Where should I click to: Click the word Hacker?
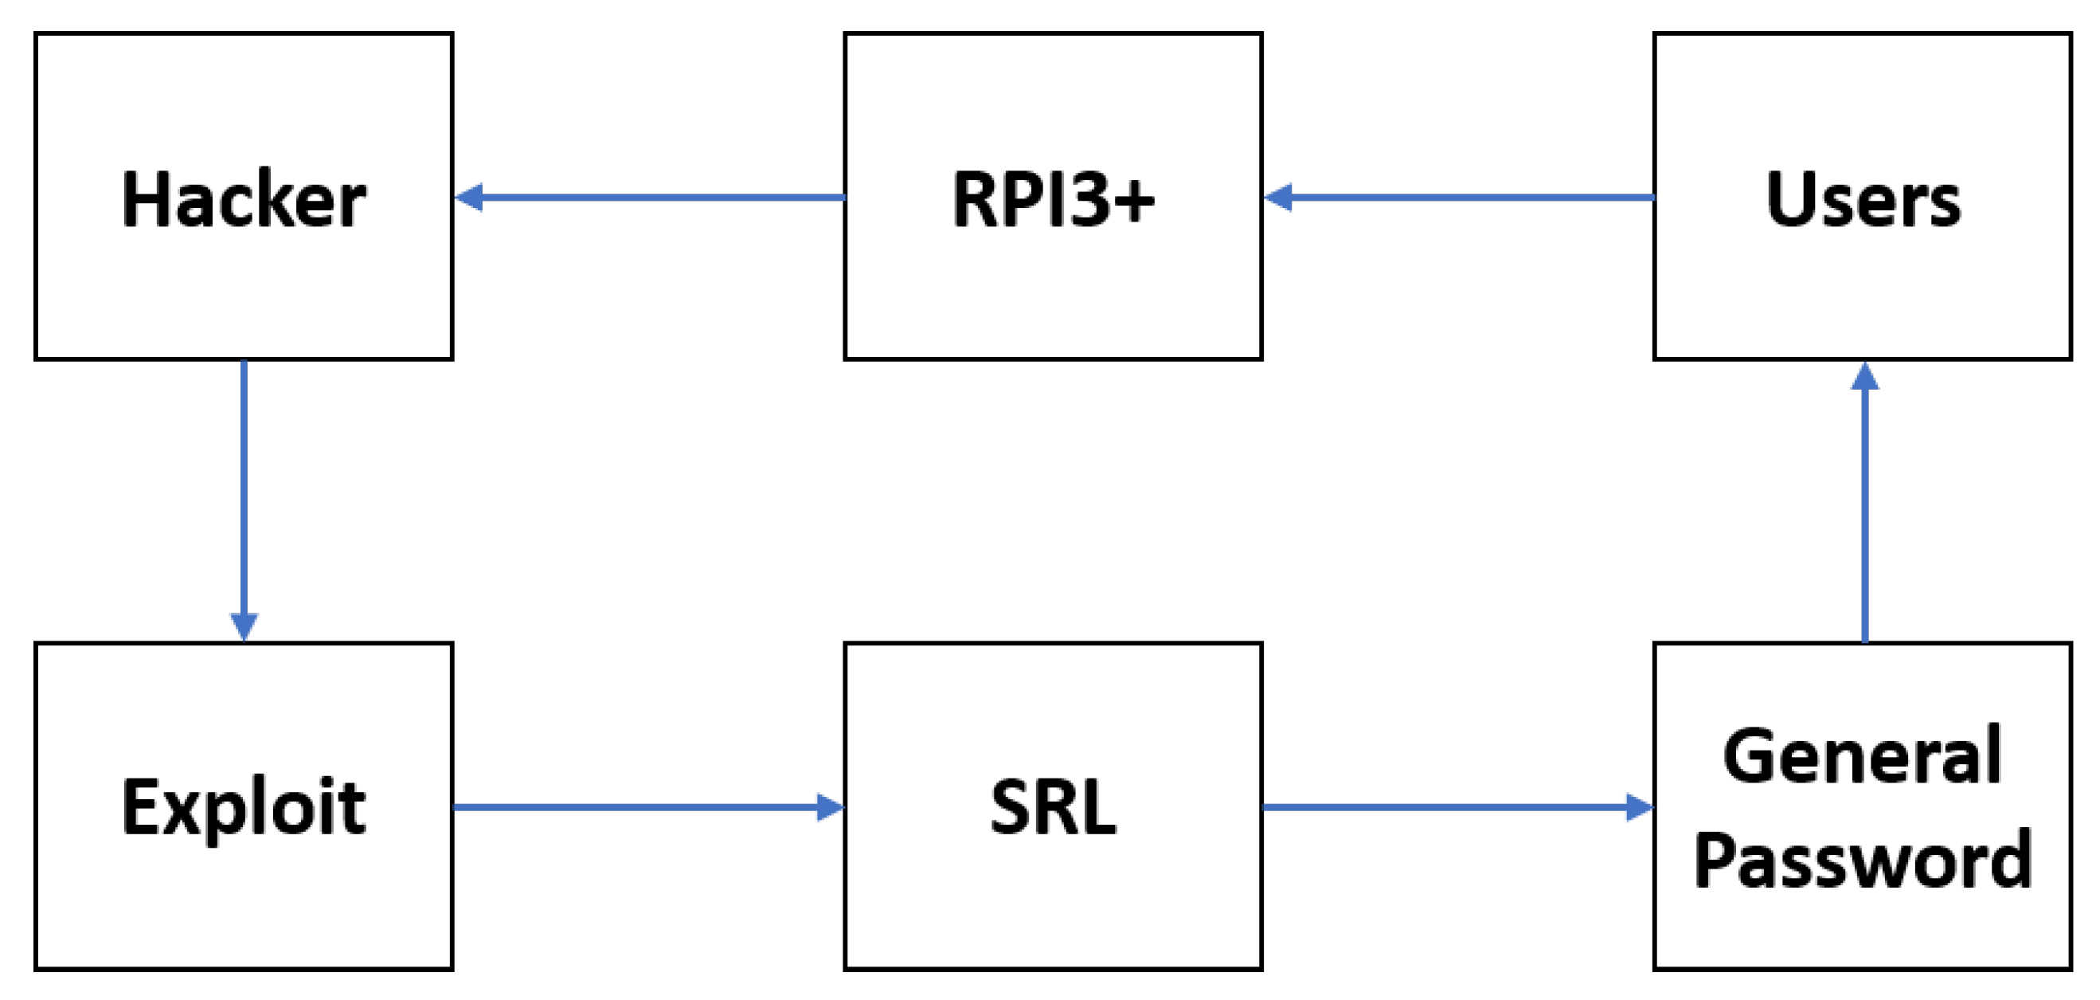243,199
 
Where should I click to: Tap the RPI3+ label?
1053,199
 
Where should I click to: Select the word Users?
1863,199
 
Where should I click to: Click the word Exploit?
243,807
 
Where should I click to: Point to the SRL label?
1053,807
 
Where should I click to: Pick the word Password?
1863,860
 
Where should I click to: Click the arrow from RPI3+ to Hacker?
652,198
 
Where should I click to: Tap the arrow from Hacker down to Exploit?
244,497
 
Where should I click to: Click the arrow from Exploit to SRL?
644,806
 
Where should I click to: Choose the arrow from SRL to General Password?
1455,806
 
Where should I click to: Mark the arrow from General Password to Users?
1865,506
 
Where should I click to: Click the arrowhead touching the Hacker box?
471,198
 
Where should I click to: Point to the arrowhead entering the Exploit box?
244,625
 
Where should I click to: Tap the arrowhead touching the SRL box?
829,806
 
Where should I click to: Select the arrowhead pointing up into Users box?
1865,377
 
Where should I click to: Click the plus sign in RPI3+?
1134,201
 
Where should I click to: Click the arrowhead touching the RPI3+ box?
1279,198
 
